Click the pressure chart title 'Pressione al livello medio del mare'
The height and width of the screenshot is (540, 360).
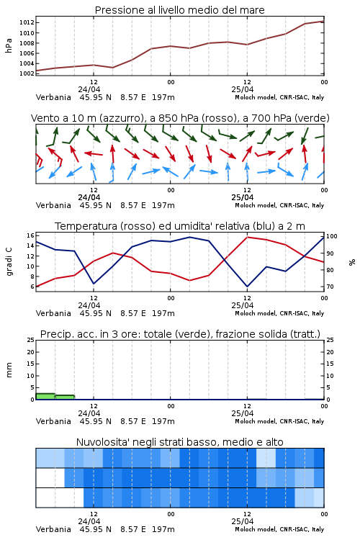179,10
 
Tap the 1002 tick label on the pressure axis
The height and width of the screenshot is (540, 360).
27,73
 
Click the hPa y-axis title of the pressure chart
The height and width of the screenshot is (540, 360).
9,45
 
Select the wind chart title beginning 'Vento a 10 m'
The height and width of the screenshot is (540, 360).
180,118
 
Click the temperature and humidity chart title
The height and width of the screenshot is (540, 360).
180,226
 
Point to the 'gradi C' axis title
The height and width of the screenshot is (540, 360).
9,262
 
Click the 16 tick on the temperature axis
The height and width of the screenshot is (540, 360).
30,235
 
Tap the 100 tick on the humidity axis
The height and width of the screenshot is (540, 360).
332,236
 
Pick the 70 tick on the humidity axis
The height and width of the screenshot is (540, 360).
330,287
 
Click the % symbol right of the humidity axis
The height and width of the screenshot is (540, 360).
352,262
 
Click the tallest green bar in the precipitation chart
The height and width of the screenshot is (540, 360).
45,397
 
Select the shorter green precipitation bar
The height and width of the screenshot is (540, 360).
65,397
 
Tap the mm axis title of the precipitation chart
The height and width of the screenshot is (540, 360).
9,370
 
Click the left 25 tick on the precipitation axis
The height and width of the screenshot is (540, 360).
30,340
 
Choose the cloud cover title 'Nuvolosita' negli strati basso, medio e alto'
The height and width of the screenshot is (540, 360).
179,442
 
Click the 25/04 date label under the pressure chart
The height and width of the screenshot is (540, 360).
243,89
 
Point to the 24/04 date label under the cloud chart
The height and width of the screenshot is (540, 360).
89,521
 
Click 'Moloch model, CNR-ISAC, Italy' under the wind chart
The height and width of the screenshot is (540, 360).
279,205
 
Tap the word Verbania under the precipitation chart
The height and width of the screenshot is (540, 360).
53,421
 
